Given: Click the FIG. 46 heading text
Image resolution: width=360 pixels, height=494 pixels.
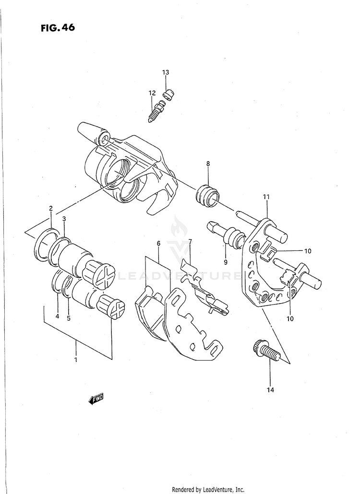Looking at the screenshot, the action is [x=58, y=28].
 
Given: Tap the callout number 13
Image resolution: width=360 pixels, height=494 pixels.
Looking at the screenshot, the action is [x=166, y=72].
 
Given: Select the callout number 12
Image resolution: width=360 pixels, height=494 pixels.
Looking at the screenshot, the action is [x=152, y=93].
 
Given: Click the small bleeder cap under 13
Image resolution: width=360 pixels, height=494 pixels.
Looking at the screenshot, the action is [x=168, y=94].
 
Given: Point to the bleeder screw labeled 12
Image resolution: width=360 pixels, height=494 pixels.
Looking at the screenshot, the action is [x=156, y=111].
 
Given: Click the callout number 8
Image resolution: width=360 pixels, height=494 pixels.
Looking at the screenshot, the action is [x=208, y=164].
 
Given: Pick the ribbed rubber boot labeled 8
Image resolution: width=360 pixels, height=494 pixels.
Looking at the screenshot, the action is [x=207, y=196].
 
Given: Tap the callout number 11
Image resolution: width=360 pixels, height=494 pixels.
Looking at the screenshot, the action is [x=266, y=197].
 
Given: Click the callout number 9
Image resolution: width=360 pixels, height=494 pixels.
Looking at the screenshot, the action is [x=226, y=261].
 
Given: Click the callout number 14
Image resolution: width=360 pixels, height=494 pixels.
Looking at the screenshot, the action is [x=270, y=390].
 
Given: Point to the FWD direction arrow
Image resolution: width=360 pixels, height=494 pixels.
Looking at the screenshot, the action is [x=96, y=400].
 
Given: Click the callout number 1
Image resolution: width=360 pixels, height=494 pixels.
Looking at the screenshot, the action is [x=76, y=360].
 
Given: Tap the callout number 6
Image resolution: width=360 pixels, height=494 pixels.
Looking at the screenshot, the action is [x=158, y=244].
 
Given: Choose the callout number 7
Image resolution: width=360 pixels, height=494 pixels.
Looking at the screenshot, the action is [x=190, y=242].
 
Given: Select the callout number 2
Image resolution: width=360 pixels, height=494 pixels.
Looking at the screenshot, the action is [x=51, y=208].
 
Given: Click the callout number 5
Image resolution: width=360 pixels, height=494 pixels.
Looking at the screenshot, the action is [x=69, y=318].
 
